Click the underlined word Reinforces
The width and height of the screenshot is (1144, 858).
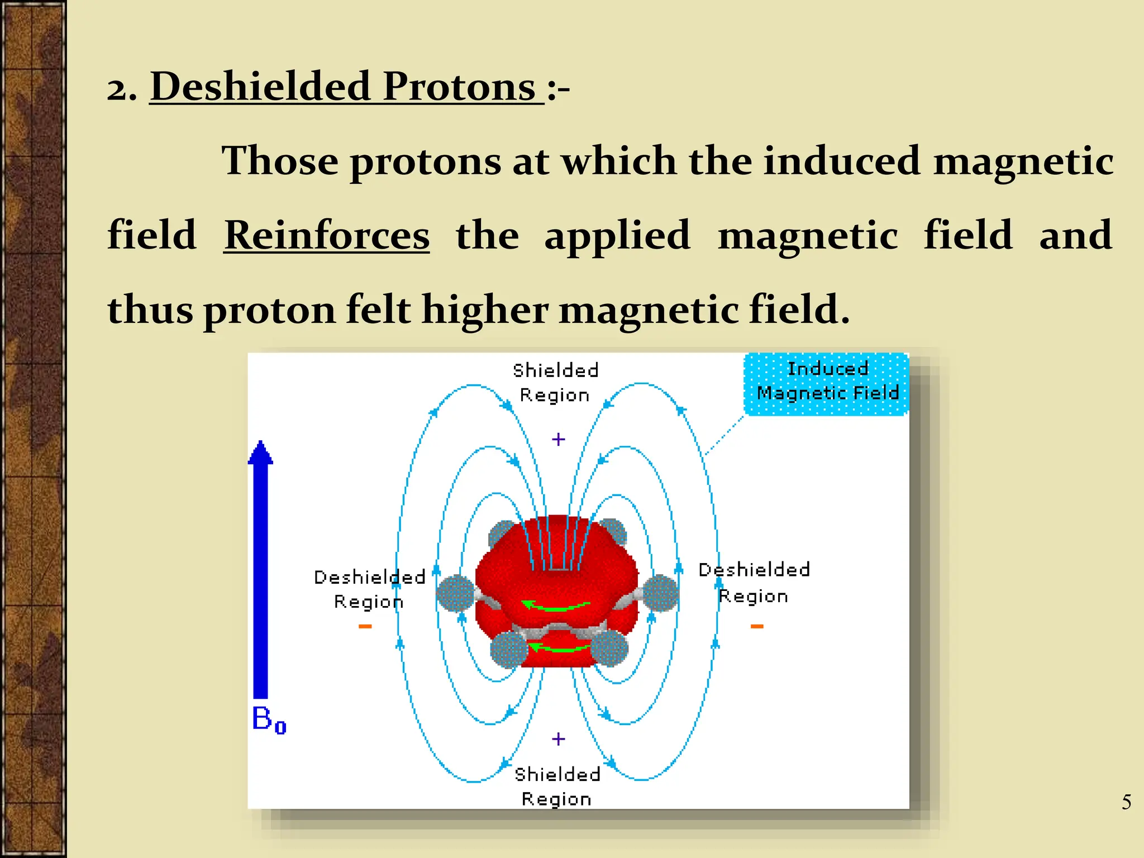click(327, 236)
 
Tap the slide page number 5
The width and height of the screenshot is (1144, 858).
click(1126, 802)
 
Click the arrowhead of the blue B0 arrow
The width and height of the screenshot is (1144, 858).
click(260, 452)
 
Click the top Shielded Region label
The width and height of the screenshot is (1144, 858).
click(555, 382)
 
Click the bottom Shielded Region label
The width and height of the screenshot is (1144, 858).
click(557, 786)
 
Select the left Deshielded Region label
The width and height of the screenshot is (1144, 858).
click(369, 589)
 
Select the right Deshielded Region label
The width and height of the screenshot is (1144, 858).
click(754, 583)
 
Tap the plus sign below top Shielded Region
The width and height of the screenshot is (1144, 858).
click(558, 440)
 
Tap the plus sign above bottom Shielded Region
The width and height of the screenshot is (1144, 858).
click(558, 739)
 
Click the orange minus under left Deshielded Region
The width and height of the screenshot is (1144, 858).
click(365, 626)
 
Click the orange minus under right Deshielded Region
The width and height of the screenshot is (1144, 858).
click(757, 626)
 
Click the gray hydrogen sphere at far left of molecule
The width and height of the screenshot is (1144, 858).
click(455, 593)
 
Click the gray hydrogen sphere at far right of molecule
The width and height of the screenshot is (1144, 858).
click(661, 593)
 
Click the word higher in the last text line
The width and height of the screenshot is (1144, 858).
click(484, 309)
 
